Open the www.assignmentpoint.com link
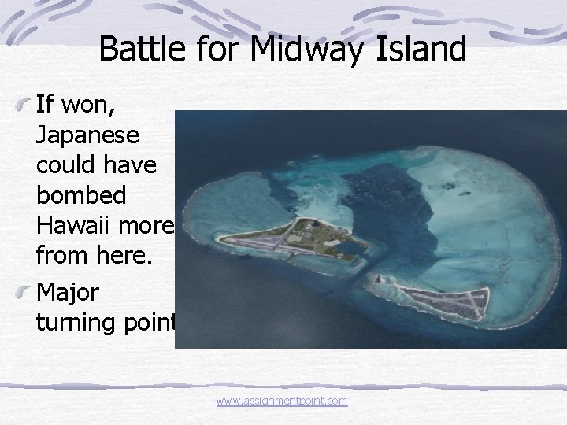point(282,401)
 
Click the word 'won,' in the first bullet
point(84,105)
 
